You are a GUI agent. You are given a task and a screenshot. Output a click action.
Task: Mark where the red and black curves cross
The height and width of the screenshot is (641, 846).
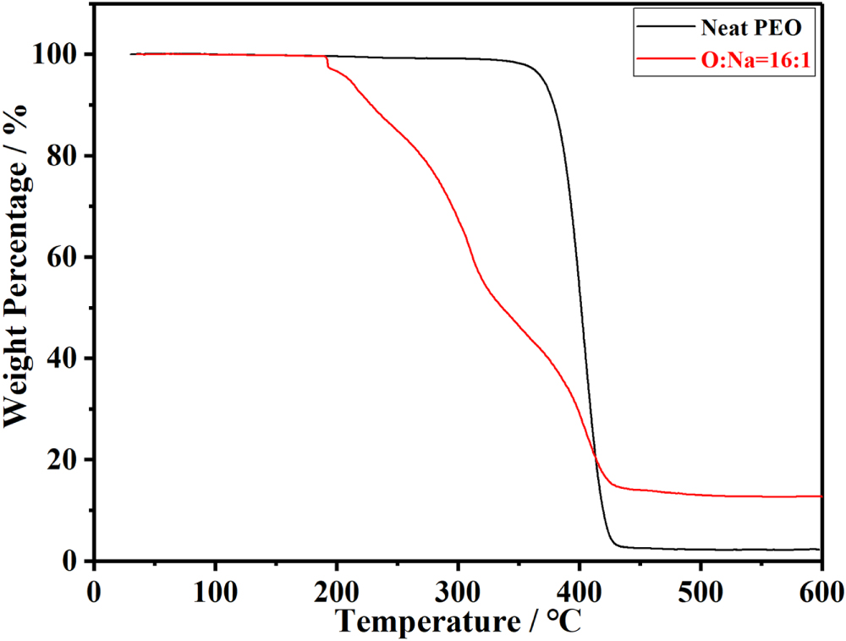coord(596,457)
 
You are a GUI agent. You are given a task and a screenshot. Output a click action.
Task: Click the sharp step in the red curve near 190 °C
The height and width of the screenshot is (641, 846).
coord(327,63)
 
